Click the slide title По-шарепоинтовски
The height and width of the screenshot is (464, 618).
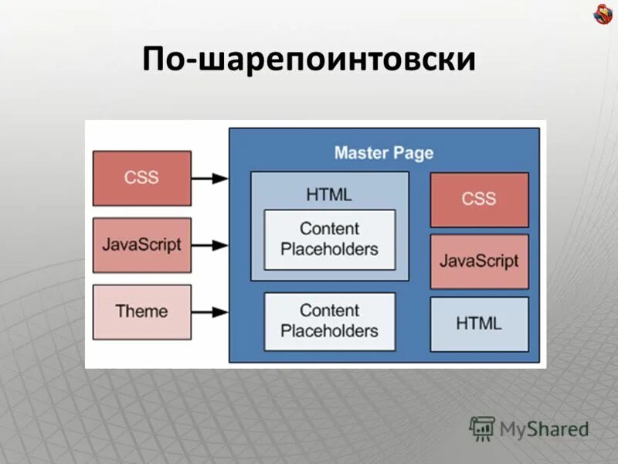click(x=308, y=60)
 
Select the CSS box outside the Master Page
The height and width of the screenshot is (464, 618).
click(x=141, y=178)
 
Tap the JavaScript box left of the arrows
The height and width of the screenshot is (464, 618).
click(x=141, y=244)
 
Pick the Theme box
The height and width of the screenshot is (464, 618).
click(x=141, y=312)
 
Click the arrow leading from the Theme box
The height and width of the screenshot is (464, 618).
click(x=209, y=312)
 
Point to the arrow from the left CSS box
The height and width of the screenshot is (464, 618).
click(x=209, y=178)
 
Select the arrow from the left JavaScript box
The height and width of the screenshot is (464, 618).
click(x=209, y=244)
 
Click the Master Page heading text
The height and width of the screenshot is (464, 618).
click(x=384, y=152)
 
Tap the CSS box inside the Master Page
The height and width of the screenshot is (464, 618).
click(x=479, y=200)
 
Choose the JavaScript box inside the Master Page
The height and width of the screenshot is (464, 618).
click(x=479, y=261)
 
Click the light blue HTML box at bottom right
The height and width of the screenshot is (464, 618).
click(x=479, y=323)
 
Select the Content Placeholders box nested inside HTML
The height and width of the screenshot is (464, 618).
click(x=329, y=239)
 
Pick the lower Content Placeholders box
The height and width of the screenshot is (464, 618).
click(x=329, y=320)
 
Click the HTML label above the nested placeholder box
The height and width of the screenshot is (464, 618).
click(x=329, y=194)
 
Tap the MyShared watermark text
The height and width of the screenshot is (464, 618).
click(x=544, y=428)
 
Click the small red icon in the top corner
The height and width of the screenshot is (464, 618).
click(x=602, y=13)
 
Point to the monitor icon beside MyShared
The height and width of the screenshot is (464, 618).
click(x=482, y=428)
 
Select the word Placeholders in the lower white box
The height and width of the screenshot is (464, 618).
click(x=329, y=331)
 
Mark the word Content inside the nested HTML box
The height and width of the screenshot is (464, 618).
click(x=329, y=228)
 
